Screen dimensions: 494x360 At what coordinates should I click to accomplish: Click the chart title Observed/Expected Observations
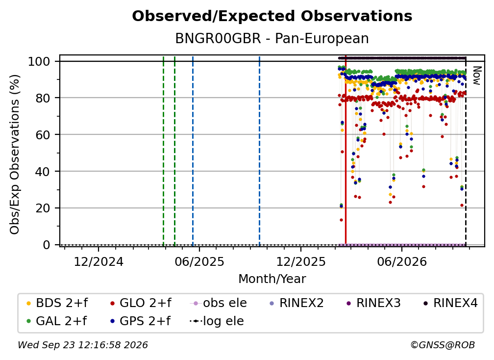(x=272, y=16)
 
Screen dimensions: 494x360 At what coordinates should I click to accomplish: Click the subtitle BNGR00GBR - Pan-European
(x=272, y=38)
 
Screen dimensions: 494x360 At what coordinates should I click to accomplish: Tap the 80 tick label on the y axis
(x=43, y=98)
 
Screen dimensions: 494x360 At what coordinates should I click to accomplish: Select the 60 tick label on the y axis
(x=43, y=134)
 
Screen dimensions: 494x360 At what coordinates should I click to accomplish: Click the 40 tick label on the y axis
(x=43, y=172)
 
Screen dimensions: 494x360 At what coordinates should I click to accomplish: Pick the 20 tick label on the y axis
(x=43, y=208)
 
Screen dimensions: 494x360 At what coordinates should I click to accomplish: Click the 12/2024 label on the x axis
(x=99, y=261)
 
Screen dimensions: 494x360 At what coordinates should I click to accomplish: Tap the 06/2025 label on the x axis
(x=199, y=261)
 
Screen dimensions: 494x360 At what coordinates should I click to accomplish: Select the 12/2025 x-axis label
(x=301, y=261)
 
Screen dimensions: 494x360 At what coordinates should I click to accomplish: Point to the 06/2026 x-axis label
(x=402, y=261)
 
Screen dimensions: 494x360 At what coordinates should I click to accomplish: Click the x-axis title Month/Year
(x=272, y=279)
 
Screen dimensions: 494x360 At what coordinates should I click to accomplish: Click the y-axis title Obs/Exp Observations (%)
(x=15, y=154)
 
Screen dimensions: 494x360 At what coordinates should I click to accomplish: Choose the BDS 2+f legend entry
(x=57, y=303)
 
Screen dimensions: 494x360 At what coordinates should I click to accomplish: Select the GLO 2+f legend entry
(x=141, y=303)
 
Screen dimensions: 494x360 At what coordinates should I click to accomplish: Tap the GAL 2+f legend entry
(x=57, y=321)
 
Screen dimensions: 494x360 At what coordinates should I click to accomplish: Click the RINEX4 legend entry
(x=450, y=303)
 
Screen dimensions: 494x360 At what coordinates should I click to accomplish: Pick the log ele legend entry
(x=217, y=321)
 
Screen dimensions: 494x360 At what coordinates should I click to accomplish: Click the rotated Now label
(x=477, y=76)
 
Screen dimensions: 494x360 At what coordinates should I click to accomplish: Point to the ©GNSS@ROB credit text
(x=443, y=345)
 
